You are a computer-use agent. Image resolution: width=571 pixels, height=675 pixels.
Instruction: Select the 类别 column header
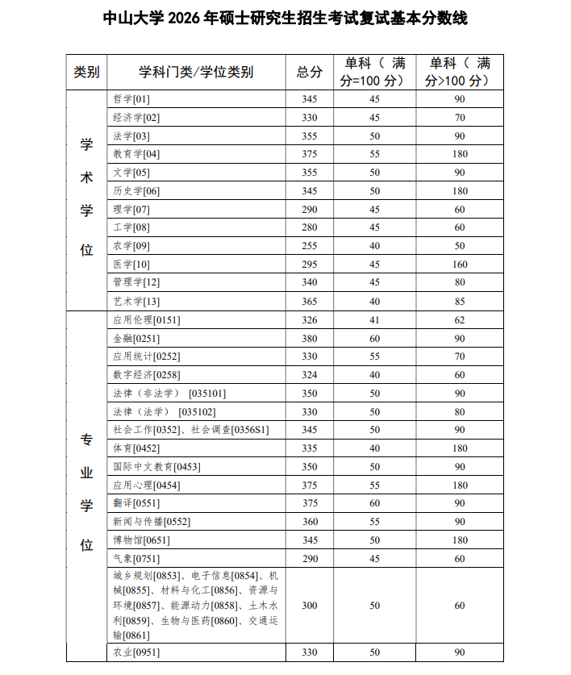click(x=86, y=72)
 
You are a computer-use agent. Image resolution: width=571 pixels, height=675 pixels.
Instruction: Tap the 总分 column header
click(x=310, y=72)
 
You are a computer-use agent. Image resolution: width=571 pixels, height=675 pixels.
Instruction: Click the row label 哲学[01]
click(x=131, y=99)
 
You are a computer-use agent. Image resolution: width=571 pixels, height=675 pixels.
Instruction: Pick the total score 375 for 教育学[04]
click(x=310, y=154)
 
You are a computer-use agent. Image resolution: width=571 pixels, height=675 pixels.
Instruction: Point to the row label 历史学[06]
click(x=136, y=191)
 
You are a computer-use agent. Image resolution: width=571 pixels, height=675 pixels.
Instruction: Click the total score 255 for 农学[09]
click(x=310, y=246)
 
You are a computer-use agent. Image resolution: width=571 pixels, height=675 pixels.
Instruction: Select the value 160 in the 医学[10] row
click(x=460, y=265)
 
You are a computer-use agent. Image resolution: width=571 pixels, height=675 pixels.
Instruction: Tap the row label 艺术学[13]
click(x=136, y=301)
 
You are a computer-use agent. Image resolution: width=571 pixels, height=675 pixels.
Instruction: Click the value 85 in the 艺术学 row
click(x=460, y=301)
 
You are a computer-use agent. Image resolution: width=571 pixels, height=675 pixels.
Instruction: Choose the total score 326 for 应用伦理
click(x=310, y=319)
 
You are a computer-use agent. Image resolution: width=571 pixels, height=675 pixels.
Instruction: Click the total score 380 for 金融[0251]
click(x=310, y=339)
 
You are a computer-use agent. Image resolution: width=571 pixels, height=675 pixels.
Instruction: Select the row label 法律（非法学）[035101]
click(x=169, y=394)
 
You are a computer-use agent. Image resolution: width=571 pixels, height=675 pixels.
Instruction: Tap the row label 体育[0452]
click(x=136, y=448)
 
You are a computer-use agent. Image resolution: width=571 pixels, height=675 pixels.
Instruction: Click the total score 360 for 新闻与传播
click(x=310, y=522)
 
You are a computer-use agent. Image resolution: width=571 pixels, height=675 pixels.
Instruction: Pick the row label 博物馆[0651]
click(x=141, y=540)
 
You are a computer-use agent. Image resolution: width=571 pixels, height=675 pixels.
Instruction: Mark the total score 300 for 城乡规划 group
click(x=310, y=605)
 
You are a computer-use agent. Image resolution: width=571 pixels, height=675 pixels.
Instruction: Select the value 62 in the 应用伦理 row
click(x=460, y=319)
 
